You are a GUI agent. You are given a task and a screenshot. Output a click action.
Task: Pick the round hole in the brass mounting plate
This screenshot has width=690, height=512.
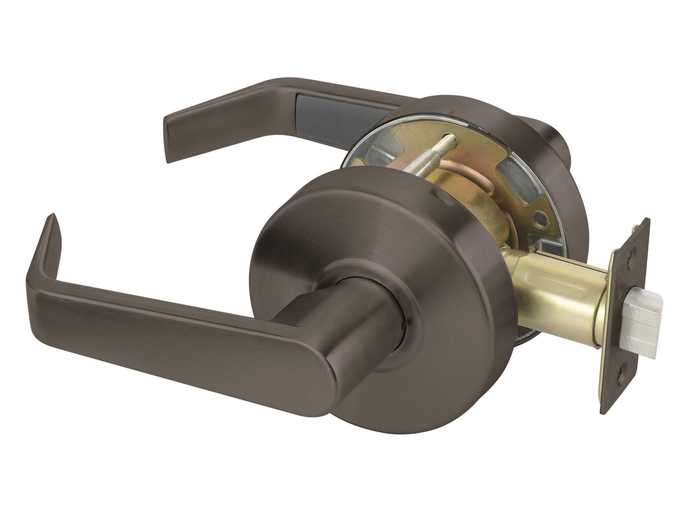[539, 219]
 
